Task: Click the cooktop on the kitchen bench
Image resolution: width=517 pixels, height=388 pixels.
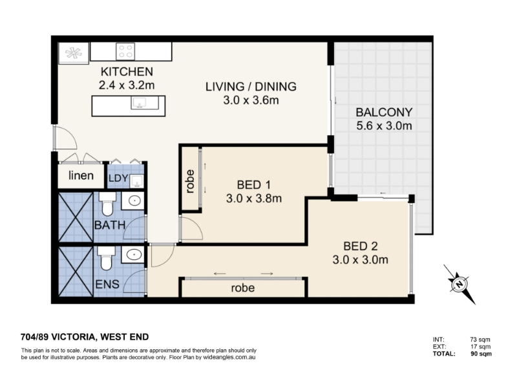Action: click(125, 52)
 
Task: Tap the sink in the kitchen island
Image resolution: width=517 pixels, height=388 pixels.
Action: click(141, 103)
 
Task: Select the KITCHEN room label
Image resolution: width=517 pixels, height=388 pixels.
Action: click(127, 71)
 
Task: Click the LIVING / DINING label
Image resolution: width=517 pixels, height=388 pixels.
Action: click(251, 87)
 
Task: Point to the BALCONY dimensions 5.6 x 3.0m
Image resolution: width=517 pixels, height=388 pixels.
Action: click(384, 125)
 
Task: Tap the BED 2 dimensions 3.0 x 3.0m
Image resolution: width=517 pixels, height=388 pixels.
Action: click(360, 260)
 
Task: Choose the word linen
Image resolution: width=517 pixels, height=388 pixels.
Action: click(81, 175)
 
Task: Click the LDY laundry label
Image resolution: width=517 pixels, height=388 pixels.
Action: click(118, 178)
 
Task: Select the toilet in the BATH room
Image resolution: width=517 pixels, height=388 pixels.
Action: click(107, 204)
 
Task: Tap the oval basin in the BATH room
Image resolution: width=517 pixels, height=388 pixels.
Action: click(134, 200)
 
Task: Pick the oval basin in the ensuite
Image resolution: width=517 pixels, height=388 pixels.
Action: click(134, 254)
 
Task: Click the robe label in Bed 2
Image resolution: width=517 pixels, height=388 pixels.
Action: click(243, 288)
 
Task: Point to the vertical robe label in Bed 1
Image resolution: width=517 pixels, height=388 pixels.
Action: click(190, 181)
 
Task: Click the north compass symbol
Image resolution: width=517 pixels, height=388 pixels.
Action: click(459, 283)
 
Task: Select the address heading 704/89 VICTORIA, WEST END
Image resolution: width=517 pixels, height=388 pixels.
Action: click(85, 337)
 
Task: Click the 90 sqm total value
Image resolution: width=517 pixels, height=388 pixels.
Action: click(481, 354)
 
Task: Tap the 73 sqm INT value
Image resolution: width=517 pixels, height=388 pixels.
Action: click(480, 339)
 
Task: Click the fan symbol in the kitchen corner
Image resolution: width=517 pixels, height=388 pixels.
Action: click(74, 53)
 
